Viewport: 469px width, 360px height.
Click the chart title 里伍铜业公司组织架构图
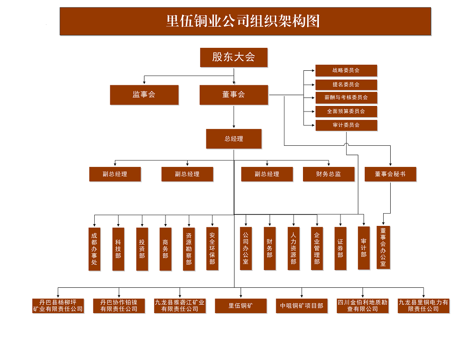tap(245, 21)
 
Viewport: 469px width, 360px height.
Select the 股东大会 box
tap(234, 57)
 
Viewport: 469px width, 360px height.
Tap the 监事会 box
tap(144, 95)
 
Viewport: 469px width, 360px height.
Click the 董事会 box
tap(234, 95)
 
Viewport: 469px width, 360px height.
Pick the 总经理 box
tap(234, 139)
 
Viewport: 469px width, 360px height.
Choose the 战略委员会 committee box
tap(346, 70)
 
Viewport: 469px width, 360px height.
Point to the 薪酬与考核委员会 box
tap(346, 97)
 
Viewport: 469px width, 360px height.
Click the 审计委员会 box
tap(346, 125)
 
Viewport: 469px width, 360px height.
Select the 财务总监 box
tap(328, 174)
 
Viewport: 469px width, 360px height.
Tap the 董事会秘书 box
tap(390, 174)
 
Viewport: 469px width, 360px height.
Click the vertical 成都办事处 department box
tap(95, 249)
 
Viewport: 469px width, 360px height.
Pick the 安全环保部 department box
tap(212, 249)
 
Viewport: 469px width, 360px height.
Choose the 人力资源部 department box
tap(294, 249)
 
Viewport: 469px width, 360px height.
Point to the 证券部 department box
tap(340, 249)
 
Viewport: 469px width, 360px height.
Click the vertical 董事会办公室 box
tap(383, 247)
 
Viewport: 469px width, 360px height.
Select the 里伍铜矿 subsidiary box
tap(241, 306)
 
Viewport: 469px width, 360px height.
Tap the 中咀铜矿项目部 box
tap(302, 306)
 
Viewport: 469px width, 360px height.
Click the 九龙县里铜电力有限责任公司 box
tap(424, 306)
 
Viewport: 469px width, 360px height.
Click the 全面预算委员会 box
tap(346, 112)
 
